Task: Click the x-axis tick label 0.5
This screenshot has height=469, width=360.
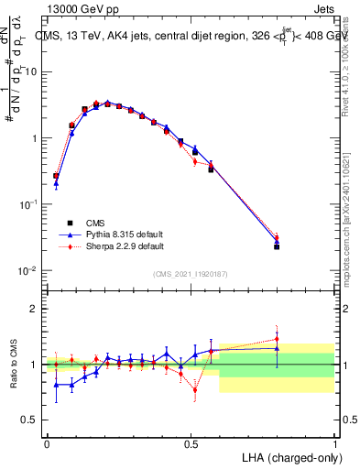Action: tap(191, 442)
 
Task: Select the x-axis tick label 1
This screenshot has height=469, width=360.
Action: tap(335, 442)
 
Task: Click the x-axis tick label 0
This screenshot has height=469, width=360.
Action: tap(47, 442)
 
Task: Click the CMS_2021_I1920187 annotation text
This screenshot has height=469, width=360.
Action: tap(190, 274)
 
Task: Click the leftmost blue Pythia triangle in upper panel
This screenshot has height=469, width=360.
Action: tap(56, 183)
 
